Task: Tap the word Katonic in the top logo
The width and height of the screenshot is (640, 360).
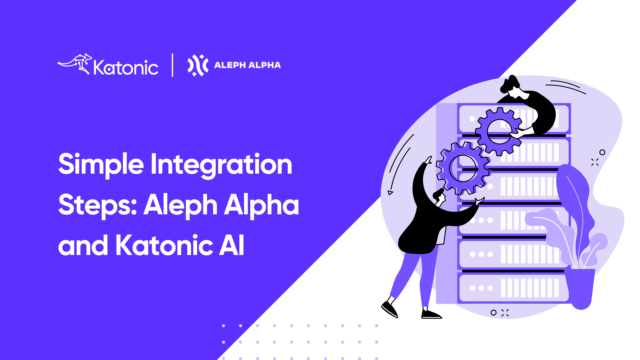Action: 126,67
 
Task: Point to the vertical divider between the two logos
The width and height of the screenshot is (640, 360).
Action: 172,65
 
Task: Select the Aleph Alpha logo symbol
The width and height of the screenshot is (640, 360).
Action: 198,65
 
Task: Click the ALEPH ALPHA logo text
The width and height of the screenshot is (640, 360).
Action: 248,65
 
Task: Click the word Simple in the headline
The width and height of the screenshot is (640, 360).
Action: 101,165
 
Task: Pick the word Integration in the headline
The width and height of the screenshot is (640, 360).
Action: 221,165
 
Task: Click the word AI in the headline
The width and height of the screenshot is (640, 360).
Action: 232,245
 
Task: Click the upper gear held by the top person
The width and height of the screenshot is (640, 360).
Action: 499,131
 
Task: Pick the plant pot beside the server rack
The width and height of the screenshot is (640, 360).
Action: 581,288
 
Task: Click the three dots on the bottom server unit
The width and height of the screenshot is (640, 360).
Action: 481,288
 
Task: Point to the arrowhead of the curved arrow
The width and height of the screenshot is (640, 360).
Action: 390,192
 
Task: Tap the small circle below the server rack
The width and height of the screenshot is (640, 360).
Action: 494,313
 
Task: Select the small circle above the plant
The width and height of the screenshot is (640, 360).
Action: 602,152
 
